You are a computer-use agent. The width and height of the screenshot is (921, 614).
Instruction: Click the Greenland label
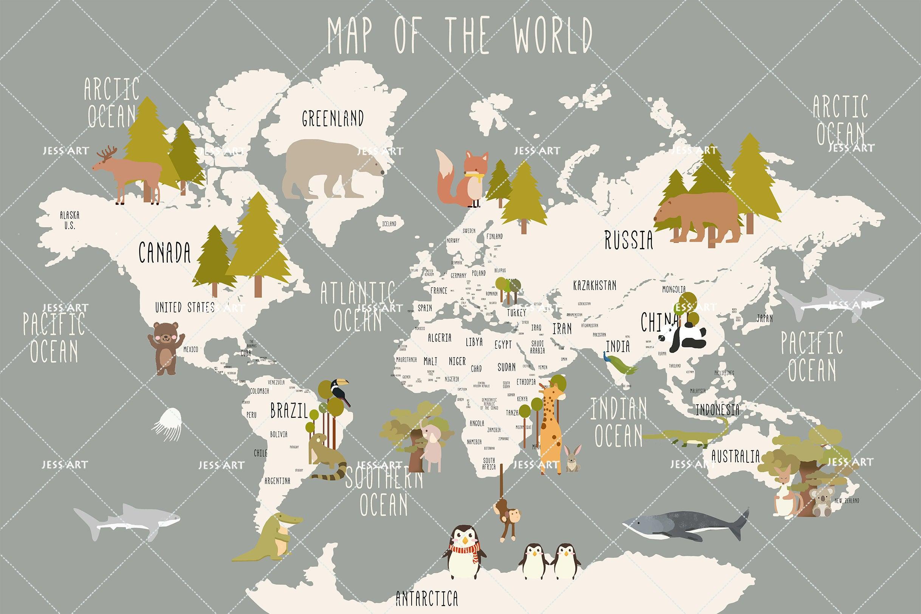(333, 118)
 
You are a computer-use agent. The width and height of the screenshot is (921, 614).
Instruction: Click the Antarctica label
(426, 598)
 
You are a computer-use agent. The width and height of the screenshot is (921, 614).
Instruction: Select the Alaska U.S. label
(69, 220)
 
